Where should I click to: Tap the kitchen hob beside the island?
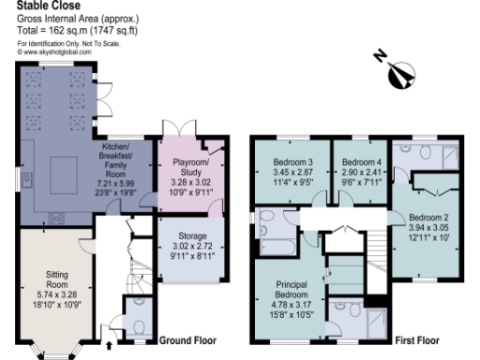(x=55, y=217)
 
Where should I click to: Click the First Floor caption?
(x=419, y=339)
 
